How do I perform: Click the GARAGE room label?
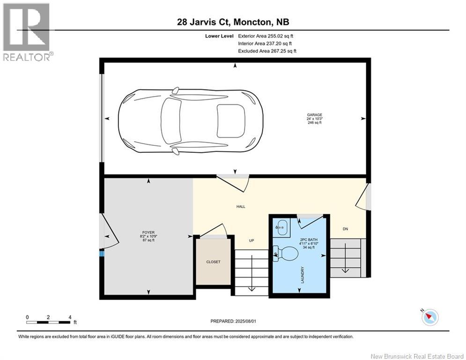[x=314, y=115]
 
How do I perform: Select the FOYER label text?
[x=148, y=232]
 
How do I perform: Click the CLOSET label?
[x=214, y=262]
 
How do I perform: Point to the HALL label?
[x=241, y=206]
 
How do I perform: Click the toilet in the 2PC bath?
[x=285, y=254]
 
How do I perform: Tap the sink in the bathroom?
[x=281, y=228]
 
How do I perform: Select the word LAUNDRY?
[x=303, y=275]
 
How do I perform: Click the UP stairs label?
[x=251, y=240]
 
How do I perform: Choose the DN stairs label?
[x=345, y=229]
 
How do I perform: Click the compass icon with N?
[x=430, y=317]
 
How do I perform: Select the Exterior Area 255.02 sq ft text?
[x=266, y=36]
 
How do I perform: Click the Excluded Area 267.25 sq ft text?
[x=267, y=51]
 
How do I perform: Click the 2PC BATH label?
[x=309, y=240]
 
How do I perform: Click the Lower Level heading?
[x=219, y=36]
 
